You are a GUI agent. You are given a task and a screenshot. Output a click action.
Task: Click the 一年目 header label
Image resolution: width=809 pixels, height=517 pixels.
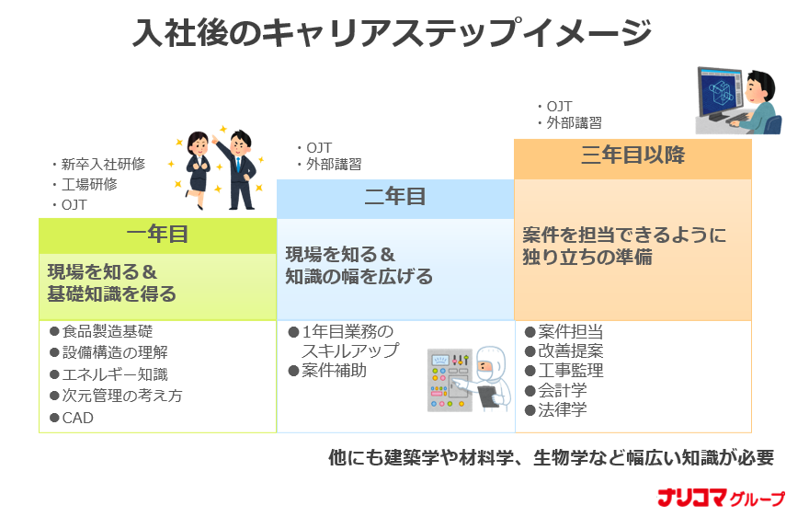click(x=157, y=234)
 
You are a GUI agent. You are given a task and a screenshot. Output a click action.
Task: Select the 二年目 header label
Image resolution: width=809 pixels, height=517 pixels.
click(x=395, y=197)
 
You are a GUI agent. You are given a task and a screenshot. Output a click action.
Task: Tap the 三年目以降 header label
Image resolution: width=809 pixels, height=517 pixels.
click(x=632, y=155)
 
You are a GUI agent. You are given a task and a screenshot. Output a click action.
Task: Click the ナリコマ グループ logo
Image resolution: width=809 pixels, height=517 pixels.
click(x=721, y=498)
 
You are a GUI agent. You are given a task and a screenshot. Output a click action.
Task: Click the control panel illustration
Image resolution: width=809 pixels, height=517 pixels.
click(x=450, y=380)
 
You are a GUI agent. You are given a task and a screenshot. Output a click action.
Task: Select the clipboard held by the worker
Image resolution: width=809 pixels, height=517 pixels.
click(x=487, y=396)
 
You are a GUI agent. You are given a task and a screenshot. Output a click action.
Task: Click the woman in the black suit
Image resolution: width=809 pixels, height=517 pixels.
click(x=198, y=170)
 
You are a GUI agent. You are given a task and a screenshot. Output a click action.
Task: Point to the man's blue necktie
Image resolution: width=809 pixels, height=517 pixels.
click(x=238, y=163)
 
